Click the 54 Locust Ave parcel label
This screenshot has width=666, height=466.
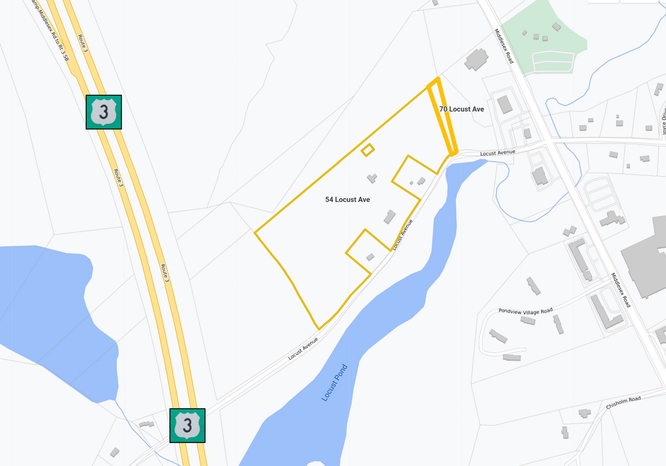(347, 200)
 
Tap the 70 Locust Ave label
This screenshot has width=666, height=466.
(461, 109)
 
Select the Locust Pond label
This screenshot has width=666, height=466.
(334, 383)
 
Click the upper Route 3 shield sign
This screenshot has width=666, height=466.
(104, 112)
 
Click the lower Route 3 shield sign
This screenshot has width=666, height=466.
(187, 425)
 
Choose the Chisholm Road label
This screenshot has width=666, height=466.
(623, 403)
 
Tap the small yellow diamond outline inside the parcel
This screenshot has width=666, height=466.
(367, 150)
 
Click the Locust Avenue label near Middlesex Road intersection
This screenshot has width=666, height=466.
(498, 153)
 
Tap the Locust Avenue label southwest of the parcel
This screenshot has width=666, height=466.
(303, 349)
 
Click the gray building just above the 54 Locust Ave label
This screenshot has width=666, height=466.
(372, 178)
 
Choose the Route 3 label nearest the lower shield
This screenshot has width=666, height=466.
(165, 273)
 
